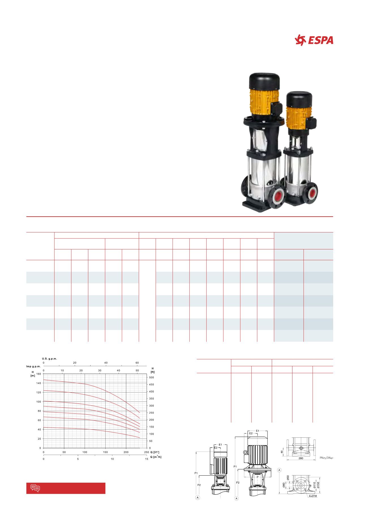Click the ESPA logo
(x=314, y=40)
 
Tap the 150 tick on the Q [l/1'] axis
(x=105, y=452)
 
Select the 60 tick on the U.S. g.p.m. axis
(x=137, y=363)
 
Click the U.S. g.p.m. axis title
(x=50, y=359)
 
